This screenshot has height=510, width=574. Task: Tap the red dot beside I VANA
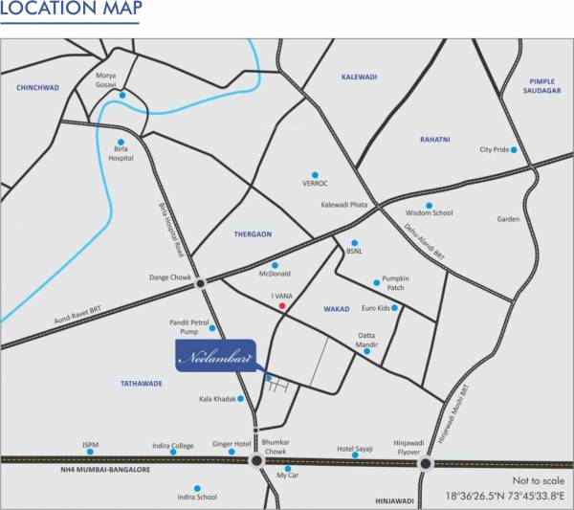pos(281,307)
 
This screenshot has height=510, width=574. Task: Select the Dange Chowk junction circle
pos(201,283)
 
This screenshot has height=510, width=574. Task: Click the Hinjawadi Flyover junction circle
pos(424,464)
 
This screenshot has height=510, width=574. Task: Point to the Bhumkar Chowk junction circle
pos(256,461)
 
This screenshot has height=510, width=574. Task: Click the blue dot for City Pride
pos(514,150)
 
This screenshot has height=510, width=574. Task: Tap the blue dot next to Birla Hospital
pos(121,143)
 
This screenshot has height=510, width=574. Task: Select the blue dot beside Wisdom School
pos(429,205)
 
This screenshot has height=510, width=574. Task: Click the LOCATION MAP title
pos(72,11)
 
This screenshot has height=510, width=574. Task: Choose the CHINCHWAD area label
pos(37,87)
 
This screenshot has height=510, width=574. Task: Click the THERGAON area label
pos(254,233)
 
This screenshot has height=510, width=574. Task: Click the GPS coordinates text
pos(504,497)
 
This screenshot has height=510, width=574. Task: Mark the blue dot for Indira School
pos(197,488)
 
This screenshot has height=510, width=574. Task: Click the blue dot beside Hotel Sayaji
pos(355,455)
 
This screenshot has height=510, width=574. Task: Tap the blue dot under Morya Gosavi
pos(122,95)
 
